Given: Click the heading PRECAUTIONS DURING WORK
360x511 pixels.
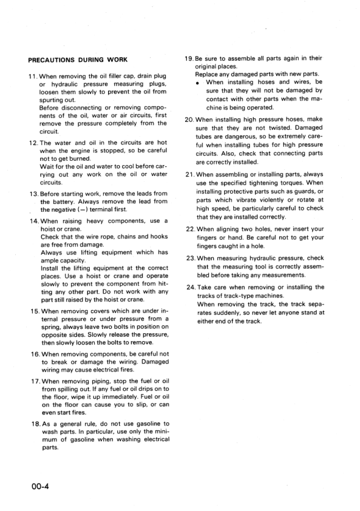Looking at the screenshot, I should [x=78, y=59].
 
